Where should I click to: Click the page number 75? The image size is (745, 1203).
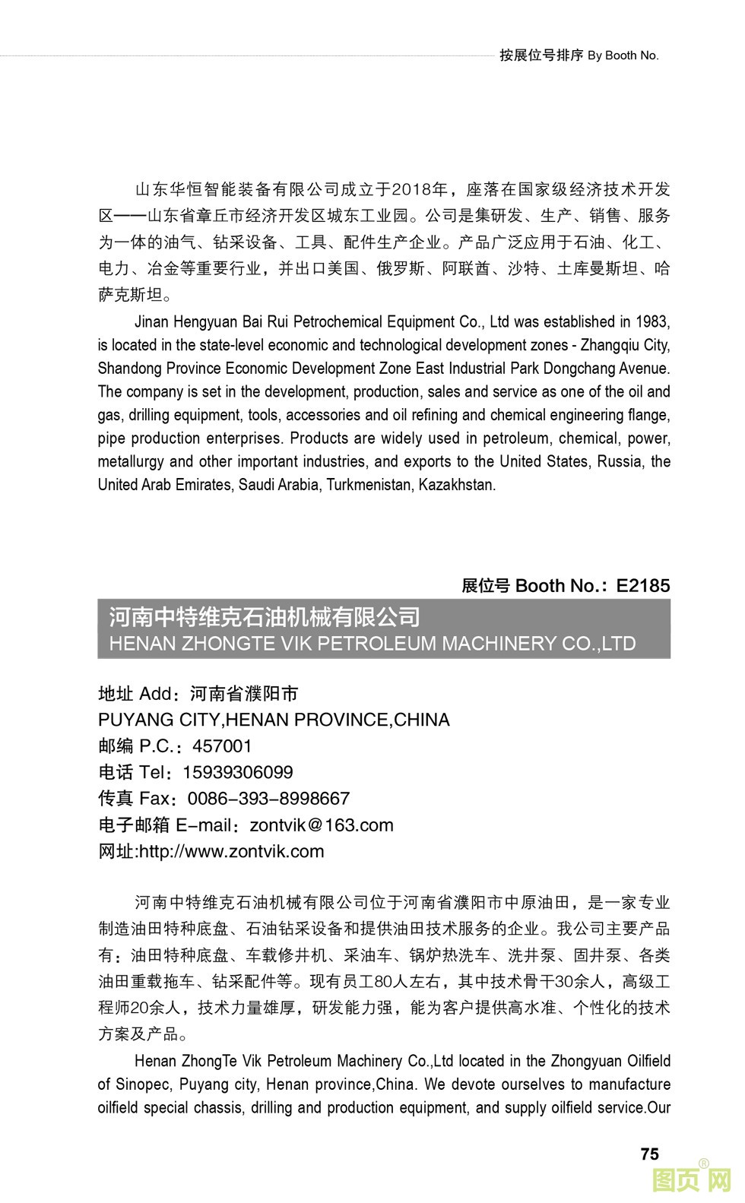(649, 1154)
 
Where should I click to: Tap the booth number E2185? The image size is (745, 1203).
(643, 585)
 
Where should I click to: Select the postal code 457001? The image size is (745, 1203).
(222, 746)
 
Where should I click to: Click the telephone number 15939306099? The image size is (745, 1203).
(238, 772)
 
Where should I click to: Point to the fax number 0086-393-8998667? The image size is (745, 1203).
(268, 798)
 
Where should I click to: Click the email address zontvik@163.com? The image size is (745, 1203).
(322, 825)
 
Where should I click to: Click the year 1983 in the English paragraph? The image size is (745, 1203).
(653, 321)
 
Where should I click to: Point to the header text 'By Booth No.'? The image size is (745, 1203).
(623, 55)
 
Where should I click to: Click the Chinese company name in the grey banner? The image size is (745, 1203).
(265, 617)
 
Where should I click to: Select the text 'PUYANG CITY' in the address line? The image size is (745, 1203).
(159, 720)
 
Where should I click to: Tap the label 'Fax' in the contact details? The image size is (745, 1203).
(156, 798)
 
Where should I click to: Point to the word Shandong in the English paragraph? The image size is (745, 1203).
(125, 369)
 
